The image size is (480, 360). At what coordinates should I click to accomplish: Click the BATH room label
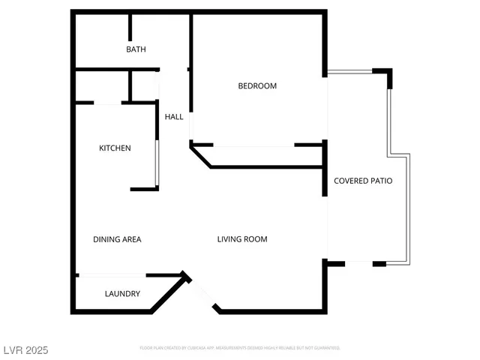coord(136,49)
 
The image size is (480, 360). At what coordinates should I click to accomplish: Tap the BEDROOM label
coord(257,86)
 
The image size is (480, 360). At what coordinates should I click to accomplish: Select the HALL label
coord(174,117)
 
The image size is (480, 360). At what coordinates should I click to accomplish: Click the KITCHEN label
coord(115,148)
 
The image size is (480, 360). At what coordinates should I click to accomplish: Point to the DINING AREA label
coord(117,240)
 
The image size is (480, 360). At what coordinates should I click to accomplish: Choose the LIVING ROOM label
coord(242,240)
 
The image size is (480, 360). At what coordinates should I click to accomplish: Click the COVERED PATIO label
coord(363,181)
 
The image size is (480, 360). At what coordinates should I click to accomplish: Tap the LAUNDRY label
coord(122,294)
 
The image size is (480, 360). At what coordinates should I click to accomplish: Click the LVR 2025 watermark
coord(25,350)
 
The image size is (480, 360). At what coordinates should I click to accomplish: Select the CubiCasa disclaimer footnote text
coord(240,348)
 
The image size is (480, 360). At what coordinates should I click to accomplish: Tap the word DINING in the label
coord(105,240)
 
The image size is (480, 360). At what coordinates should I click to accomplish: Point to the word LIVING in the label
coord(229,240)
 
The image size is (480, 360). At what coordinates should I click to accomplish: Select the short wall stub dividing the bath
coord(130,27)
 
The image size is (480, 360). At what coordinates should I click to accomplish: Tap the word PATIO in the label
coord(381,181)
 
